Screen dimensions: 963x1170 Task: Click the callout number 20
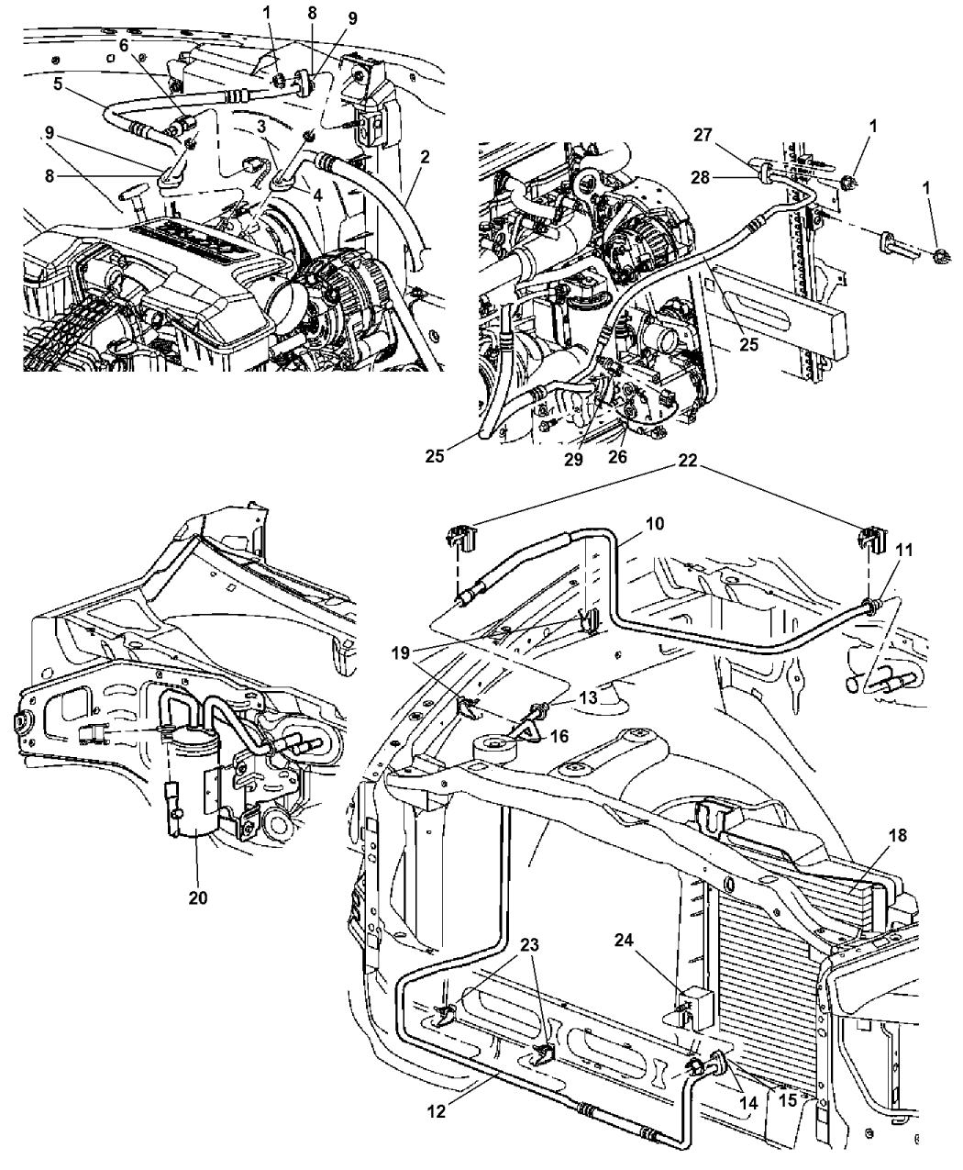(x=198, y=897)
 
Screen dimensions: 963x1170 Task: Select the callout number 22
(x=687, y=460)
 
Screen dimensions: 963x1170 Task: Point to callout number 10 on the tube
(x=654, y=523)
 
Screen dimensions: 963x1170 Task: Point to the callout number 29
(x=573, y=460)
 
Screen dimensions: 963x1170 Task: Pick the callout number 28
(x=701, y=177)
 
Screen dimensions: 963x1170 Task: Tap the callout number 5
(x=57, y=84)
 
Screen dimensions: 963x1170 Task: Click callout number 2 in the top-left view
(x=425, y=157)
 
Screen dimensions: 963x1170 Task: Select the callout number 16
(x=559, y=736)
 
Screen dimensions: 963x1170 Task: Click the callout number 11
(x=904, y=550)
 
